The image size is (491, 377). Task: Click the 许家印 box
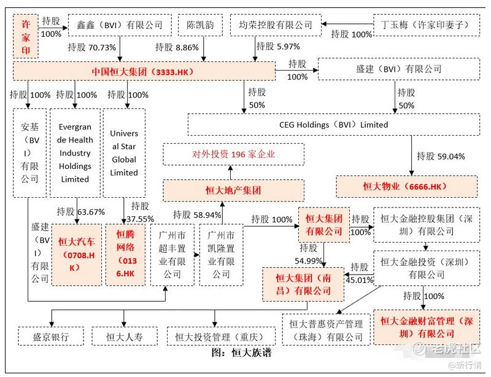[26, 36]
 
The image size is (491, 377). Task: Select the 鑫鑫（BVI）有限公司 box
[120, 25]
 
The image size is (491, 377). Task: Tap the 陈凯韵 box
[201, 25]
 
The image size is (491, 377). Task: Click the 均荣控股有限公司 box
[276, 25]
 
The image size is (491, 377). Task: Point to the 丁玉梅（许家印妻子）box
[427, 25]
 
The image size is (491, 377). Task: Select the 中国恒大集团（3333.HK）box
[144, 71]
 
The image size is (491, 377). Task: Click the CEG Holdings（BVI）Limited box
[334, 125]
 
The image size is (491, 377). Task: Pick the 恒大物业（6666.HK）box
[406, 187]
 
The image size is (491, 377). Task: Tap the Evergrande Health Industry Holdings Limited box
[75, 153]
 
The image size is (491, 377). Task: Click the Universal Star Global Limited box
[124, 153]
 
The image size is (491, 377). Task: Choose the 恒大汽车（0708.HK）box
[77, 254]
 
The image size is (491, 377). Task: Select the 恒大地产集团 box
[234, 190]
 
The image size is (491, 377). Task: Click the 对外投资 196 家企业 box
[234, 154]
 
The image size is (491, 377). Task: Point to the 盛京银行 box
[51, 336]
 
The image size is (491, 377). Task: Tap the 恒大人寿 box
[125, 336]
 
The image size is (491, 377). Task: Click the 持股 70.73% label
[91, 47]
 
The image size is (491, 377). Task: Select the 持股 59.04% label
[441, 156]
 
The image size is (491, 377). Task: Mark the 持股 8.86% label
[177, 47]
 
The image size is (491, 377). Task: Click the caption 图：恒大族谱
[241, 353]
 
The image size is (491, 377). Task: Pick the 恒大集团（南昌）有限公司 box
[303, 284]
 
